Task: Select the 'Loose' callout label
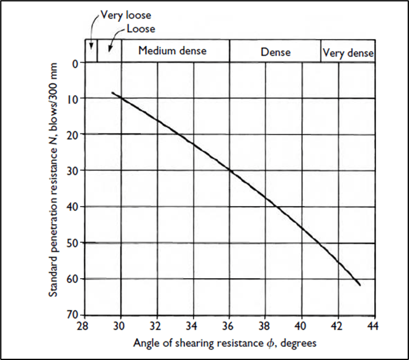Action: click(140, 29)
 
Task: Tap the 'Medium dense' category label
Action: click(172, 51)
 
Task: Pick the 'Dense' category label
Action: click(276, 52)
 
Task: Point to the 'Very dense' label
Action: click(348, 53)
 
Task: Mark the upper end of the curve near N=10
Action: click(112, 92)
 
